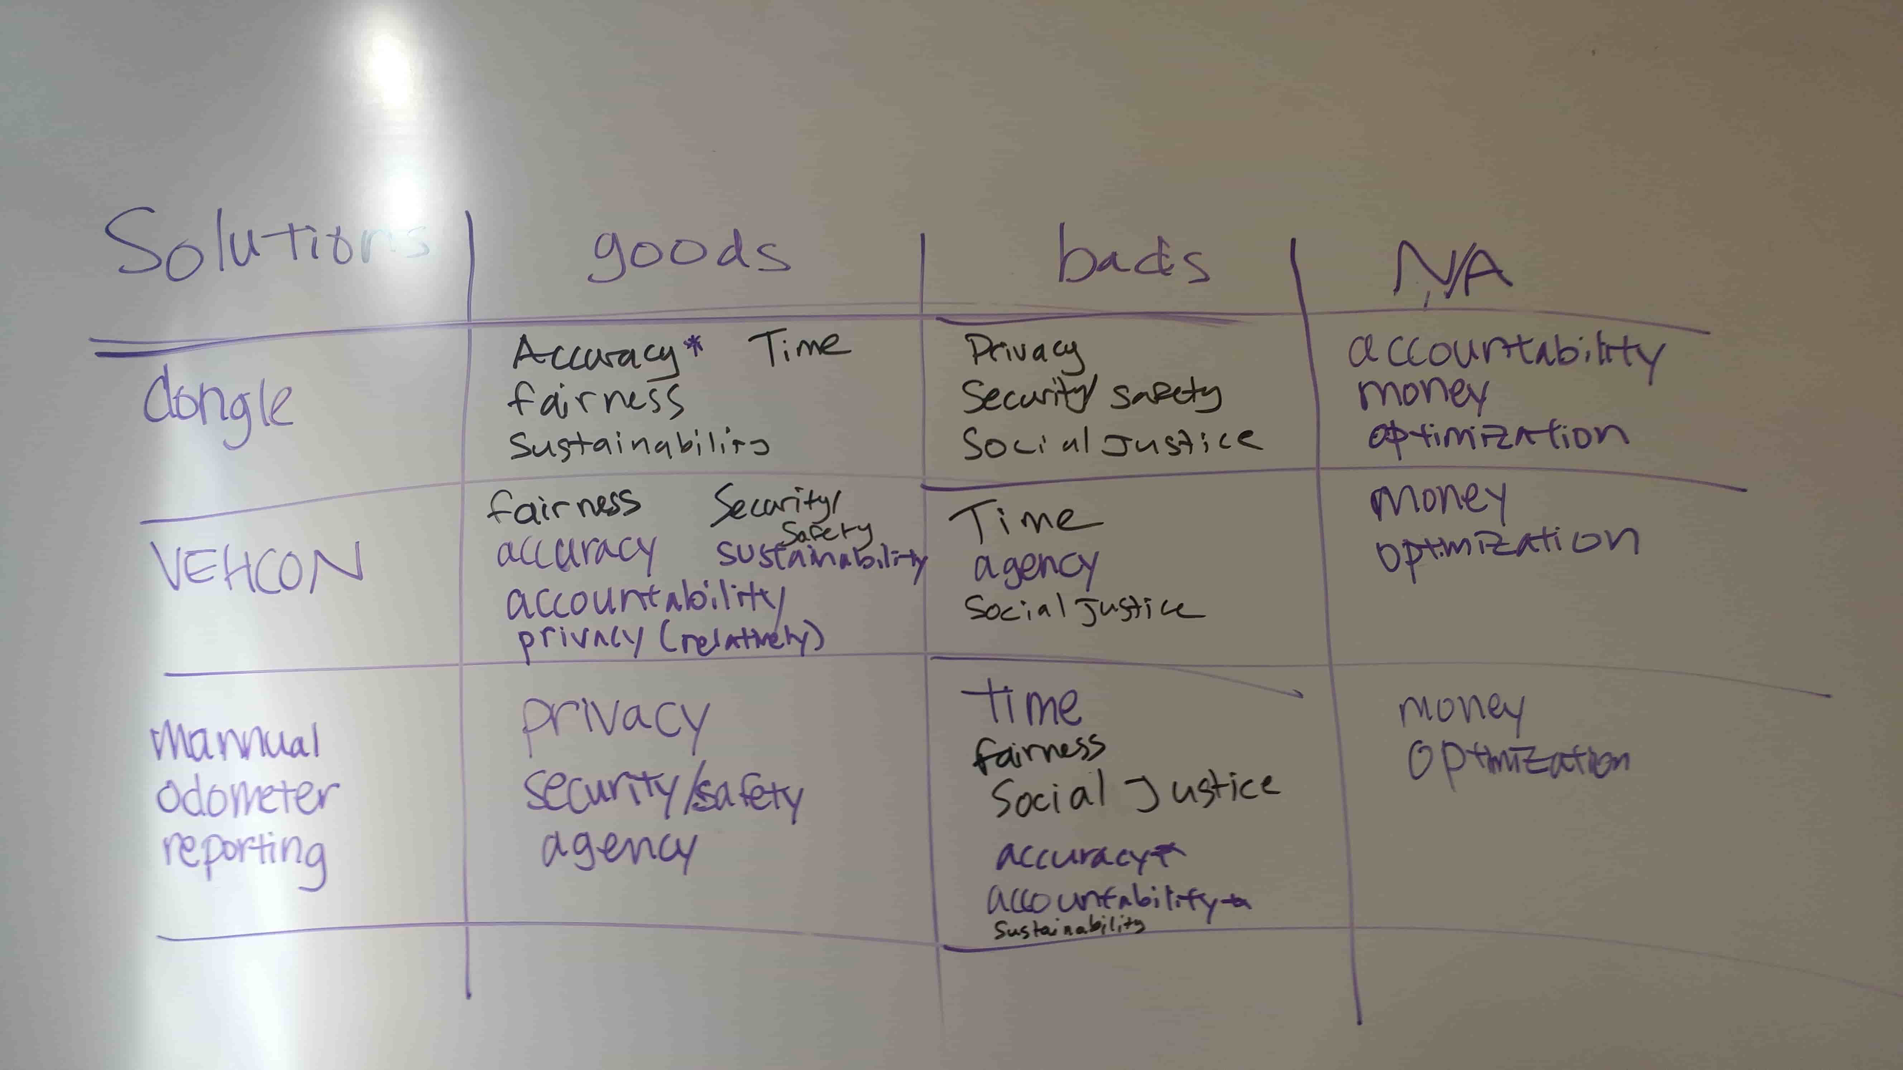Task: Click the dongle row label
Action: (x=218, y=406)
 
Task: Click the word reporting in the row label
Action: (x=244, y=853)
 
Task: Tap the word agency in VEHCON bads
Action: (x=1034, y=567)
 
